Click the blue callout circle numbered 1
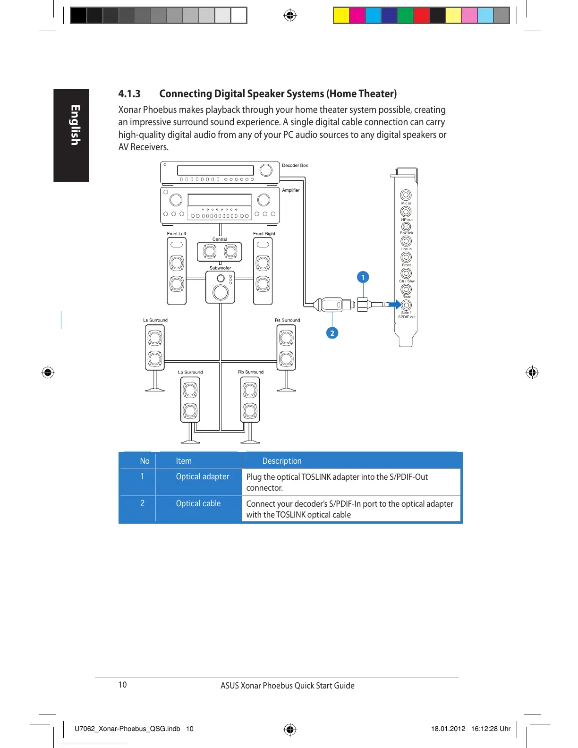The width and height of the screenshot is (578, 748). click(363, 277)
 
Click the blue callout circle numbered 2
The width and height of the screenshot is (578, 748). click(332, 333)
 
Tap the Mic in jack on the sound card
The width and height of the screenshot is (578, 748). click(406, 195)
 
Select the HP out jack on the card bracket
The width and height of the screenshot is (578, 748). click(406, 212)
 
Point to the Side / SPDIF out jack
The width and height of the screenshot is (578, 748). click(406, 305)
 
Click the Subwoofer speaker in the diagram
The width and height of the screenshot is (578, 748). click(221, 288)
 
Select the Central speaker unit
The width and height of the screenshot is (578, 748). click(220, 252)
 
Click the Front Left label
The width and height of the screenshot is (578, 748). click(177, 234)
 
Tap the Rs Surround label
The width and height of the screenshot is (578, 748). click(287, 320)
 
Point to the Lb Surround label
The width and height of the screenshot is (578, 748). click(190, 372)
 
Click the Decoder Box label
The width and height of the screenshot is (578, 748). click(295, 165)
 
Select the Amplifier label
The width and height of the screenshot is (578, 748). click(291, 190)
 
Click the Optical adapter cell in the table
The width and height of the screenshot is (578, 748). click(203, 477)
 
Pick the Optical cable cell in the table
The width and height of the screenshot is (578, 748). click(198, 503)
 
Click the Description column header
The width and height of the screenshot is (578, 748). click(282, 461)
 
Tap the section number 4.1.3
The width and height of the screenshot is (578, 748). click(129, 93)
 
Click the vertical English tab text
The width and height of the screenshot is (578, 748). click(75, 125)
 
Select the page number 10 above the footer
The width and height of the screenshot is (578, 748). click(123, 685)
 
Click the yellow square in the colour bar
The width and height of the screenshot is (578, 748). click(341, 16)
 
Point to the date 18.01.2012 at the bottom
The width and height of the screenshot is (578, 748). click(448, 729)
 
